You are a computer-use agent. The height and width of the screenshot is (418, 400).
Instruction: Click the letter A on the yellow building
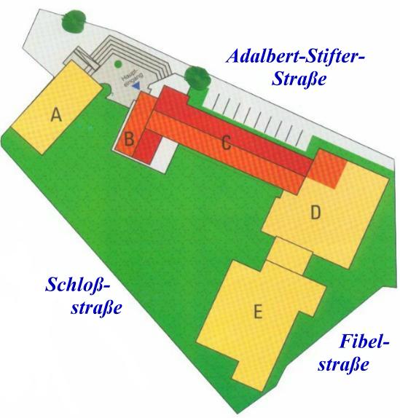tap(56, 116)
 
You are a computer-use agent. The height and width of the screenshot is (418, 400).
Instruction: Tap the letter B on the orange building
tap(129, 139)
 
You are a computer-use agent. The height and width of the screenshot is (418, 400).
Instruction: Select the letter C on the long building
tap(227, 143)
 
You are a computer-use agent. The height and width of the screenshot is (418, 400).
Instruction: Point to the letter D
tap(315, 213)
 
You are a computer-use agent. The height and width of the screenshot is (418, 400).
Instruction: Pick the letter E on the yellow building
tap(258, 312)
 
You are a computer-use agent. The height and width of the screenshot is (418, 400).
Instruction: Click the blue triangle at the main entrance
tap(137, 87)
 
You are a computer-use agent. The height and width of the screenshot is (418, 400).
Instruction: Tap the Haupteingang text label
tap(132, 78)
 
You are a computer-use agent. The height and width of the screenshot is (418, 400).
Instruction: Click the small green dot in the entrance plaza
tap(118, 64)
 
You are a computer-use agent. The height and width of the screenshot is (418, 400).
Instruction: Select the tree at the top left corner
tap(74, 22)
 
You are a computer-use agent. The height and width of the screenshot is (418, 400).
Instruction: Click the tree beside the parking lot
tap(198, 78)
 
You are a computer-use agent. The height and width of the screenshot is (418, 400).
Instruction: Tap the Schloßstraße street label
tap(84, 296)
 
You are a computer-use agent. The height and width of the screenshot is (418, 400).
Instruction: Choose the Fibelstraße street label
tap(353, 352)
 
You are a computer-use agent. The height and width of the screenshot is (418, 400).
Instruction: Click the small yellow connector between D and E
tap(289, 256)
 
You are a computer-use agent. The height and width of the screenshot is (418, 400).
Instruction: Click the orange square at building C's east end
tap(327, 169)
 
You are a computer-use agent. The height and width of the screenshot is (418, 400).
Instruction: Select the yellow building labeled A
tap(57, 107)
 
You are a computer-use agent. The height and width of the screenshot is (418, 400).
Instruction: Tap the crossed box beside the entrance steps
tap(84, 59)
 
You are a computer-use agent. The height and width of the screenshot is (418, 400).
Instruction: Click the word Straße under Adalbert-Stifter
tap(299, 79)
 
